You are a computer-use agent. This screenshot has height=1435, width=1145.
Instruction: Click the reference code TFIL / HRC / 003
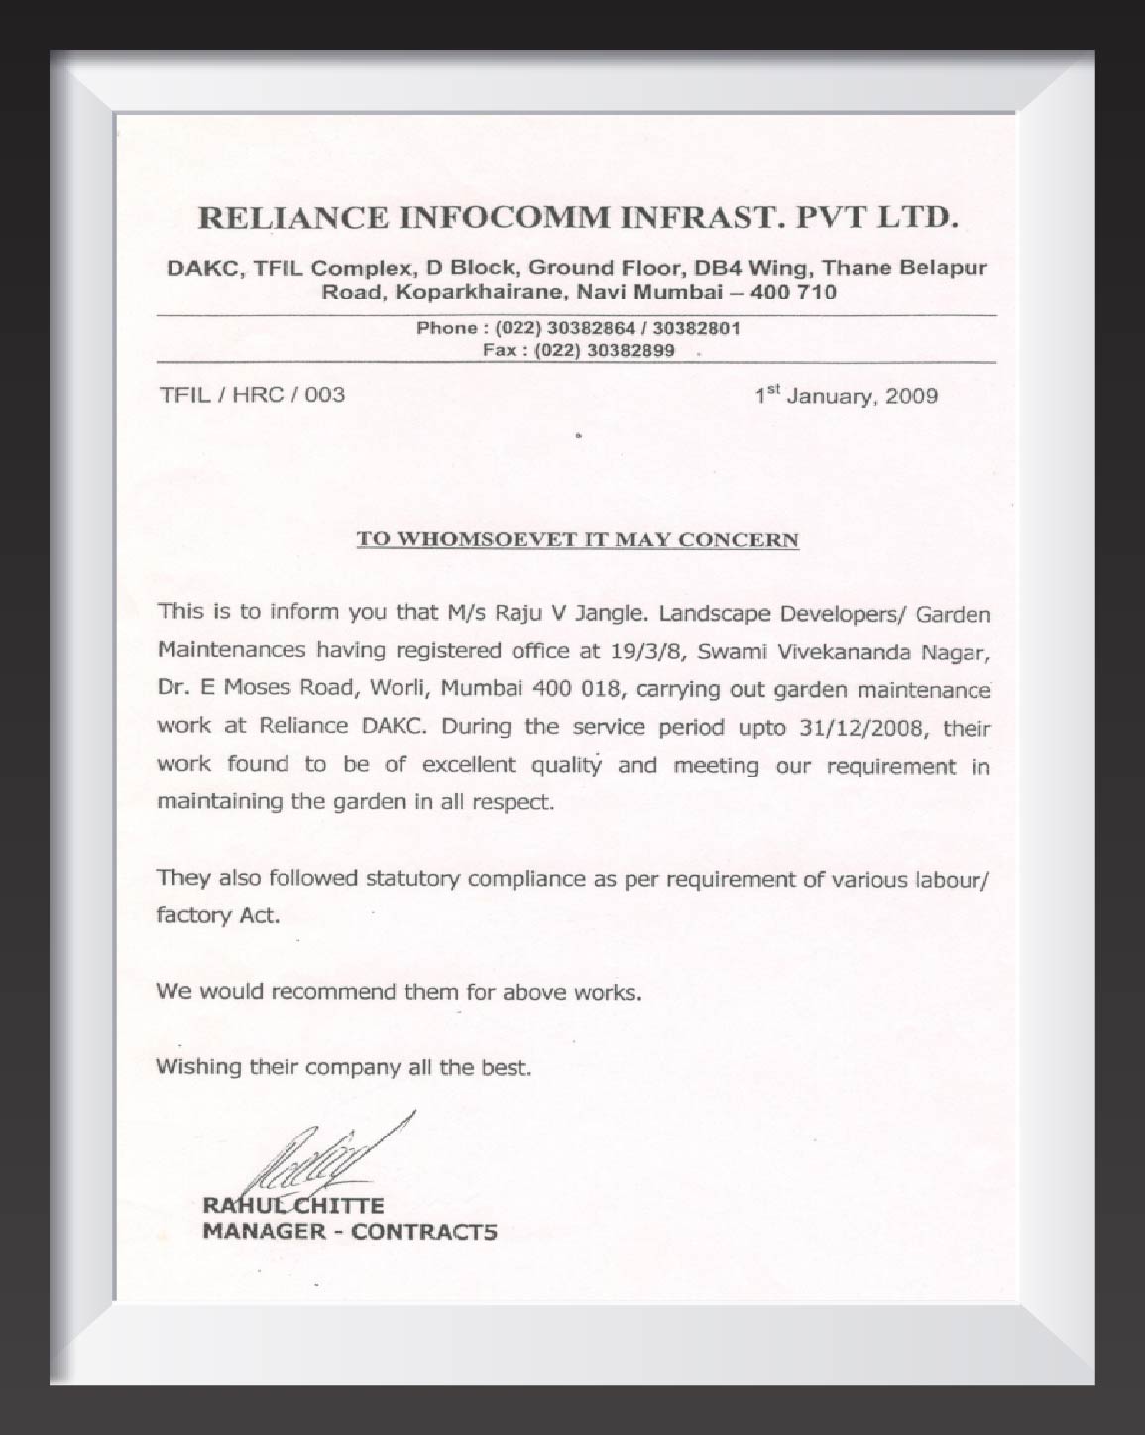[253, 395]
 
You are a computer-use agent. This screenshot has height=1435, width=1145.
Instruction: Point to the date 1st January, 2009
[846, 396]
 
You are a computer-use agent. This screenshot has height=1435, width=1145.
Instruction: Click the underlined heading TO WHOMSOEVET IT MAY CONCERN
[577, 539]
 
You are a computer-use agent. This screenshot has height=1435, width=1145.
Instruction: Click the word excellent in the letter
[469, 764]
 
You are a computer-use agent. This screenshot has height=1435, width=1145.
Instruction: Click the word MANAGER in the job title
[263, 1232]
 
